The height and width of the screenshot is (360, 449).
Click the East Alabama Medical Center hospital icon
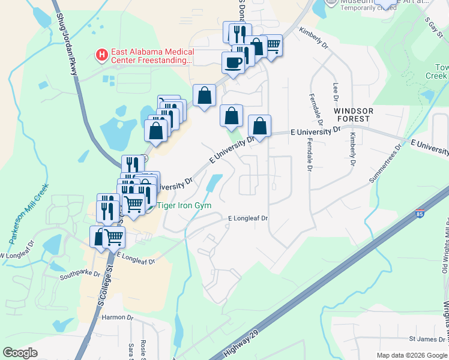(x=102, y=56)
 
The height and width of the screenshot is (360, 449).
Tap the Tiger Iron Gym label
(x=184, y=205)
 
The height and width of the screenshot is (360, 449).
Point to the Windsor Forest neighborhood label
(x=354, y=115)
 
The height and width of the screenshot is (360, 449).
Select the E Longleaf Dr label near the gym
(x=247, y=219)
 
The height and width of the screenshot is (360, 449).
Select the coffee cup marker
(x=233, y=62)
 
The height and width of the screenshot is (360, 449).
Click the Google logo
(x=20, y=353)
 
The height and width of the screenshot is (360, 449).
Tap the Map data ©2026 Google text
(x=412, y=355)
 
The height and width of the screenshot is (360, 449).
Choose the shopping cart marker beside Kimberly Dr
(x=273, y=44)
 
